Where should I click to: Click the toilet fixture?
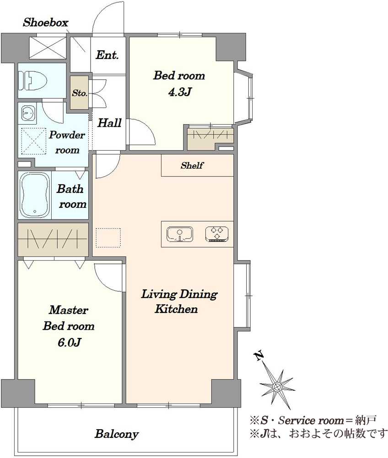coord(32,81)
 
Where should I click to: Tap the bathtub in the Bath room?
coord(34,195)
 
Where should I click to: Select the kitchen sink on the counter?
coord(180,234)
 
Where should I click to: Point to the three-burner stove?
coord(217,234)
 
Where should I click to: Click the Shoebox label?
coord(45,22)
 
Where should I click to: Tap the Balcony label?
coord(116,434)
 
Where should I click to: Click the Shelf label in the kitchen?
coord(192,166)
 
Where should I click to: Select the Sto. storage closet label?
coord(80,93)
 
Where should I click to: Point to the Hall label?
coord(109,123)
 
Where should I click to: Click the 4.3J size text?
coord(179,93)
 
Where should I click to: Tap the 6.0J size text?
coord(69,342)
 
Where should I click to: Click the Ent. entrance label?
coord(108,55)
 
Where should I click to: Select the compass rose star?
coord(277,387)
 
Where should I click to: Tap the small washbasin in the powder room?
coord(28,113)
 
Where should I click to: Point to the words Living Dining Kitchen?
coord(178,301)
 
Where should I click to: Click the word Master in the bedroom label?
coord(68,310)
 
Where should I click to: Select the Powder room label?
coord(67,142)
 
